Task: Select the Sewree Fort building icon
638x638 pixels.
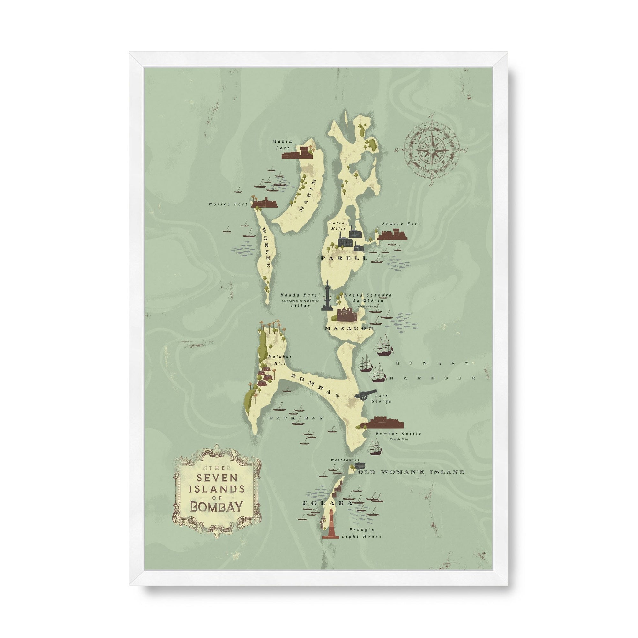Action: pos(392,235)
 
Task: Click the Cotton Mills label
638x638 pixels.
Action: pos(338,226)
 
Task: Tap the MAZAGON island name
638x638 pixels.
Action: pos(349,328)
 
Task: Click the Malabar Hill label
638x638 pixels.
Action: pos(276,360)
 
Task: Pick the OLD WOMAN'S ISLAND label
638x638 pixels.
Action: pos(411,472)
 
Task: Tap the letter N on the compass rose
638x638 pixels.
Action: pos(431,115)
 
